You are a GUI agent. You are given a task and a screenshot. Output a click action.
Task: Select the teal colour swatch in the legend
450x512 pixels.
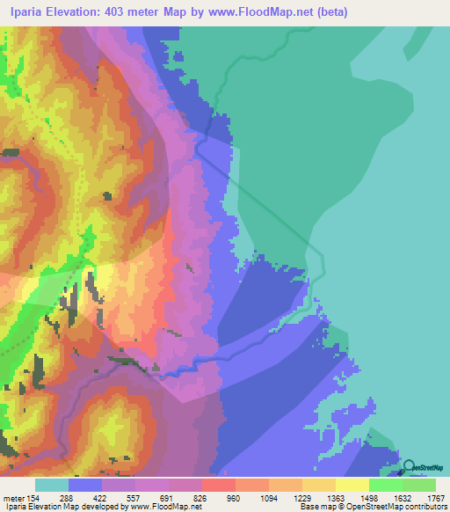(52, 484)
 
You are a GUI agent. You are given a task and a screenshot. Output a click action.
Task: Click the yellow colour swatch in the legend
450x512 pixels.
(352, 484)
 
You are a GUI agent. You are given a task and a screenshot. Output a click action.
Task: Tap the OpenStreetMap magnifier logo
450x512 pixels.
(410, 467)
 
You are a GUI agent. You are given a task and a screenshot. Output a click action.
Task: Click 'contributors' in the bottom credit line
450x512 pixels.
(425, 507)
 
